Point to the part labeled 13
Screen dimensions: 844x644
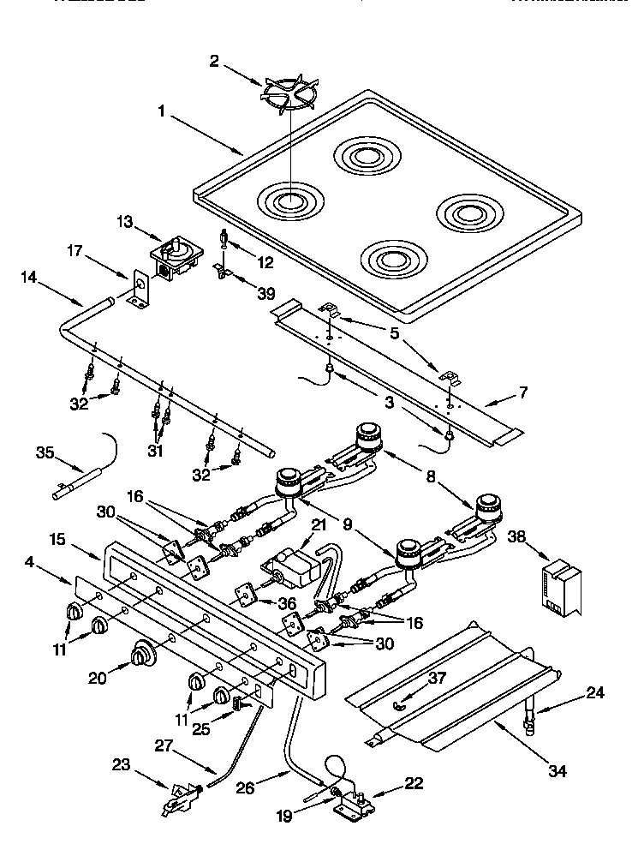(x=176, y=255)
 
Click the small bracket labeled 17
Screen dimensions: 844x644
(x=139, y=290)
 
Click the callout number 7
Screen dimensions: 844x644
(x=524, y=393)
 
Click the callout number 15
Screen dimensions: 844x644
(x=57, y=542)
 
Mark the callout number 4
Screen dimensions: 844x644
(x=30, y=562)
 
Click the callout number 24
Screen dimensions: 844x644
(x=594, y=692)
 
